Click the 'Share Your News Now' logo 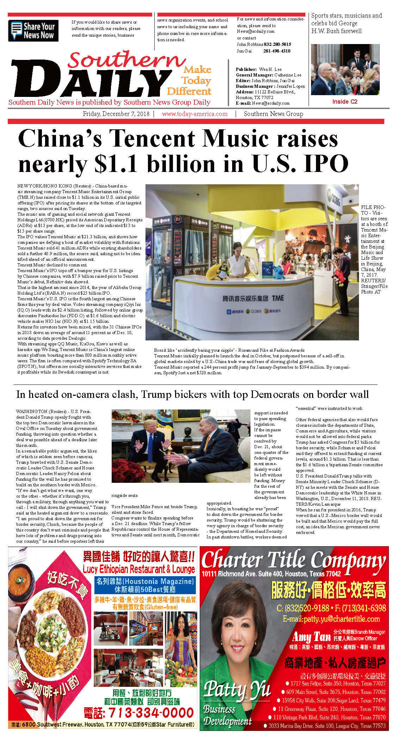click(33, 31)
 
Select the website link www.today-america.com click(194, 114)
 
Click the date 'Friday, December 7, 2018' click(116, 114)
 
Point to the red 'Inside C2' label click(345, 101)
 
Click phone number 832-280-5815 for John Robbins click(277, 44)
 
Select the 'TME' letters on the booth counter click(278, 298)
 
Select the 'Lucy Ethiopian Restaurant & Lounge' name click(139, 569)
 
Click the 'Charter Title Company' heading click(293, 560)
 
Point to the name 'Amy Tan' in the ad click(311, 637)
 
